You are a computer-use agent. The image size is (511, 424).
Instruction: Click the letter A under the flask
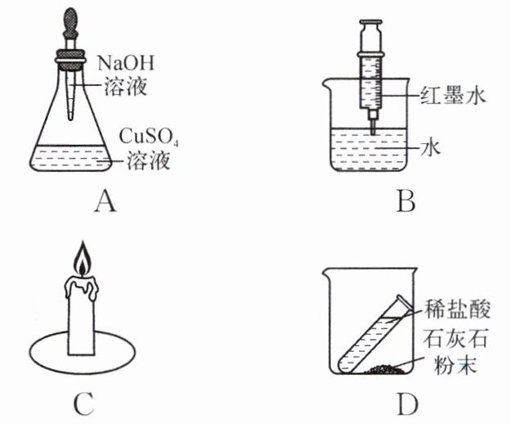pyautogui.click(x=105, y=202)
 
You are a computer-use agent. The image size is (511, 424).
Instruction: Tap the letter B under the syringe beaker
pyautogui.click(x=406, y=201)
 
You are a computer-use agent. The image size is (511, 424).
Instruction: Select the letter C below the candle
pyautogui.click(x=84, y=404)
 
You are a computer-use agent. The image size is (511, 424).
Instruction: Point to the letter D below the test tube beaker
pyautogui.click(x=407, y=404)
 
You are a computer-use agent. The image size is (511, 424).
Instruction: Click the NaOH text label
pyautogui.click(x=126, y=63)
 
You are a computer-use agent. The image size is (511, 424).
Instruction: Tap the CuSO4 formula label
pyautogui.click(x=148, y=137)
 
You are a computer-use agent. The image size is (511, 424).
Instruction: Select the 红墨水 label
pyautogui.click(x=453, y=97)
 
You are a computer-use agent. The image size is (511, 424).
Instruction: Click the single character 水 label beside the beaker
pyautogui.click(x=430, y=148)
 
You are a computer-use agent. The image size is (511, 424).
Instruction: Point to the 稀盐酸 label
pyautogui.click(x=457, y=309)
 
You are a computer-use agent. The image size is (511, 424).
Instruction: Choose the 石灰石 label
pyautogui.click(x=455, y=338)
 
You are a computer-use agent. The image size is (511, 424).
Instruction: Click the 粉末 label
pyautogui.click(x=455, y=364)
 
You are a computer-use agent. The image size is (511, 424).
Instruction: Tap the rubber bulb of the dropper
pyautogui.click(x=71, y=20)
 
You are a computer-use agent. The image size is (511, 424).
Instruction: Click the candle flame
pyautogui.click(x=82, y=259)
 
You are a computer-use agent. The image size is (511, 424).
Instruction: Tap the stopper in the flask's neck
pyautogui.click(x=71, y=60)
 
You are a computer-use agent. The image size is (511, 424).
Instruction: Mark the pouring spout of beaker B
pyautogui.click(x=326, y=83)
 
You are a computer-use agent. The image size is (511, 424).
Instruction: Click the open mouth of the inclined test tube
pyautogui.click(x=403, y=303)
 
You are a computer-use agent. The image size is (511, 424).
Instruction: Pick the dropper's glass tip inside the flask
pyautogui.click(x=70, y=115)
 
